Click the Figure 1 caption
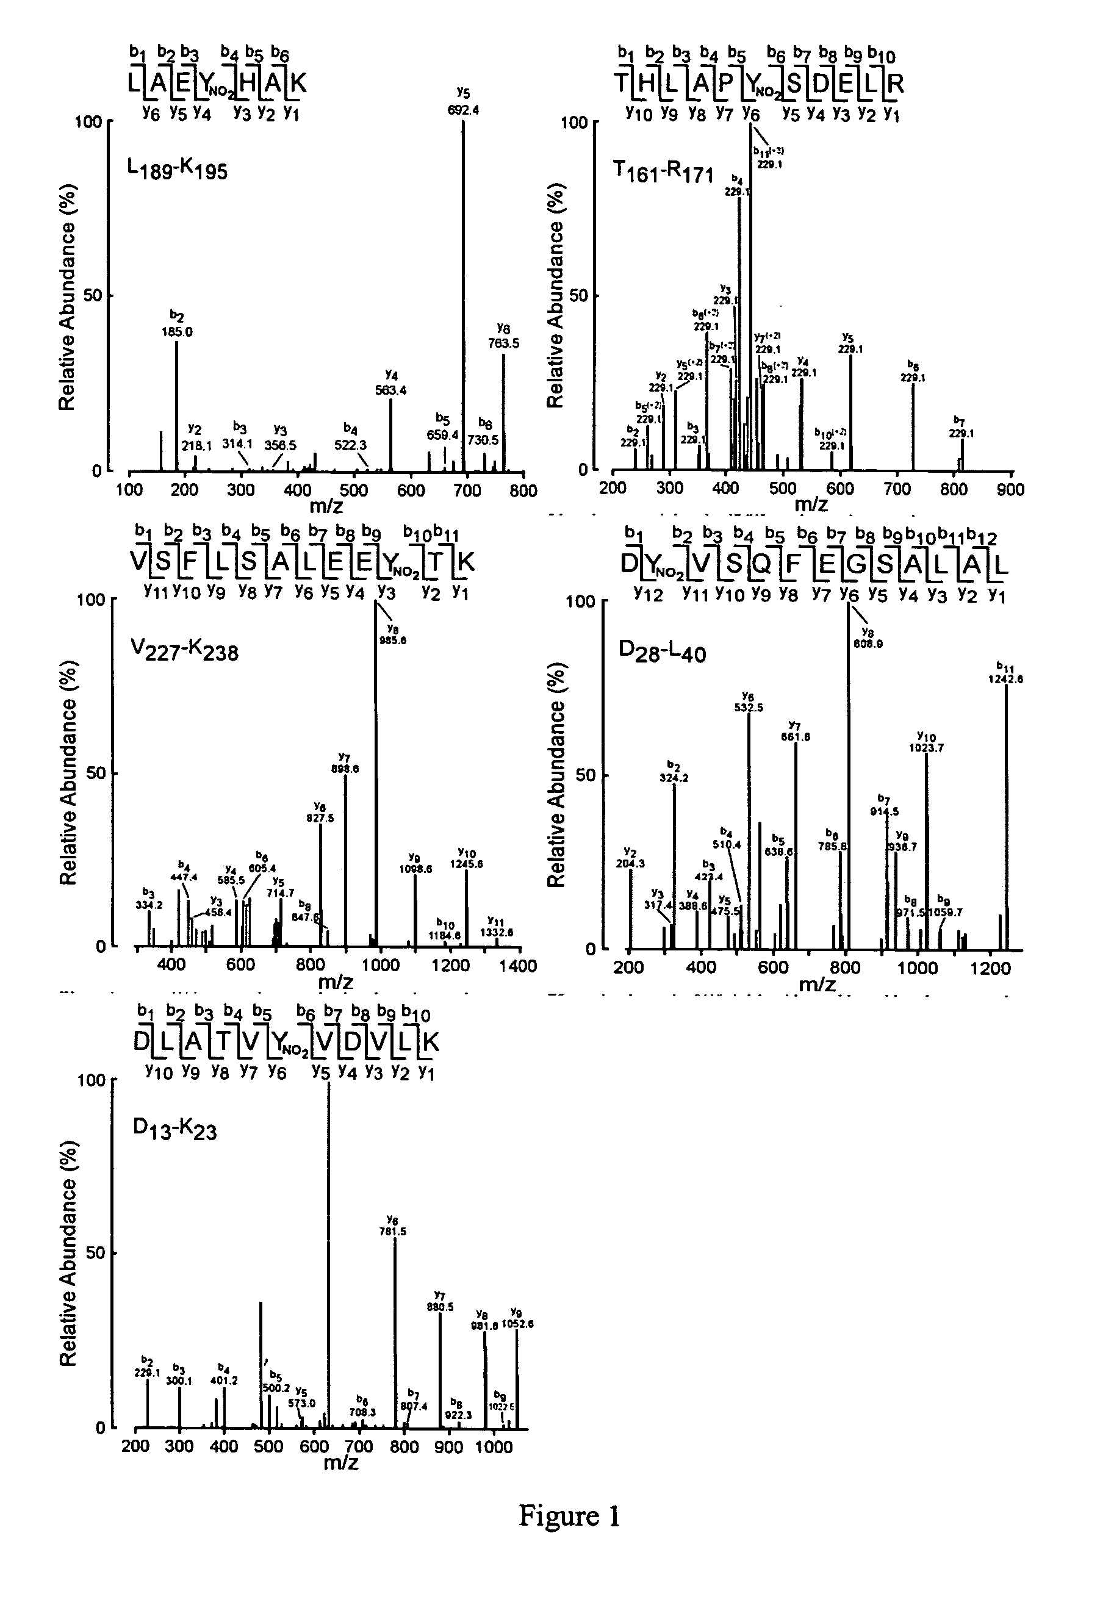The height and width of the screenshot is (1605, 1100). tap(569, 1515)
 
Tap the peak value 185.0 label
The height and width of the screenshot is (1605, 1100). tap(178, 331)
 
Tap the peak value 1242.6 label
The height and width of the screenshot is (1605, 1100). tap(1009, 679)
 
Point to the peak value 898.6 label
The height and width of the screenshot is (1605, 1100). tap(345, 769)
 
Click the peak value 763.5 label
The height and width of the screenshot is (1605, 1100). tap(503, 343)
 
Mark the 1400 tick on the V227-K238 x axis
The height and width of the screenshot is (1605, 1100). tap(518, 966)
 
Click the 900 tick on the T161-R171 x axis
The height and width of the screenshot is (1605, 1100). tap(1011, 490)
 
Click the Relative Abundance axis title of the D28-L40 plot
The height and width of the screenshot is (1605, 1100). tap(556, 774)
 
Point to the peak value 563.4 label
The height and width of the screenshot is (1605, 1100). tap(391, 390)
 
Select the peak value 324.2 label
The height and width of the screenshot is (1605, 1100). tap(674, 778)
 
